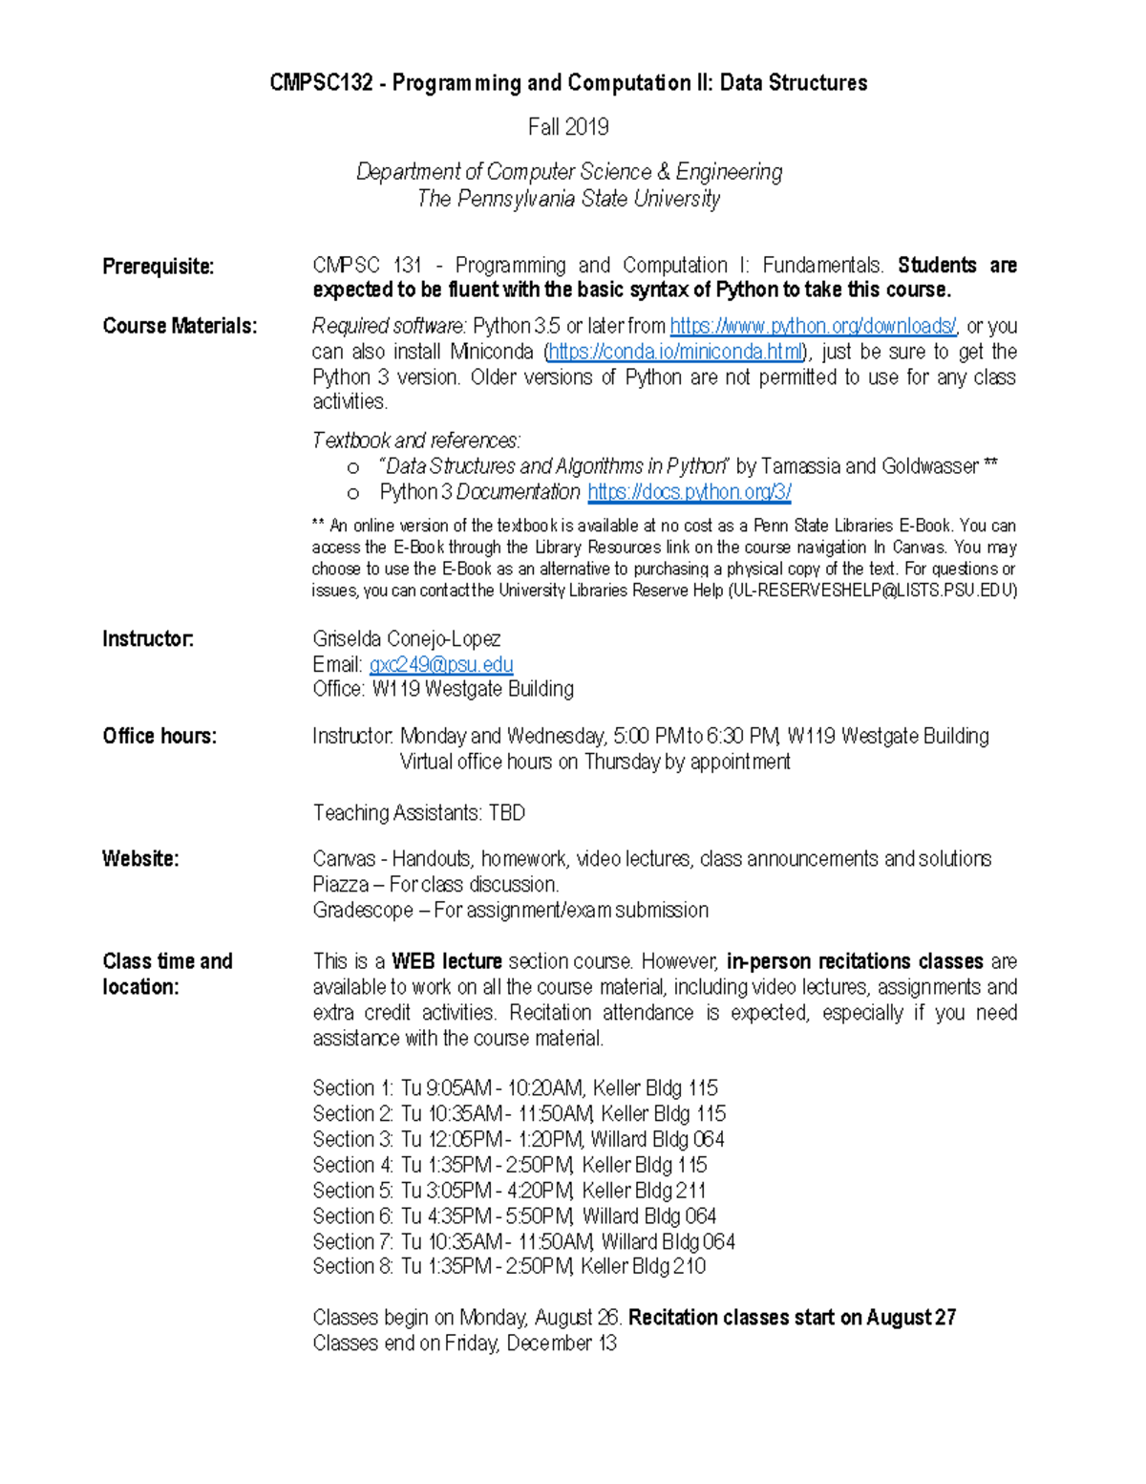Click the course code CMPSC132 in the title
[x=321, y=83]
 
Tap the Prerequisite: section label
[x=158, y=267]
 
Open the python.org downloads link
[x=813, y=326]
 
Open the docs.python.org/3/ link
[x=689, y=492]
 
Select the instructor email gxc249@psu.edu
[x=441, y=664]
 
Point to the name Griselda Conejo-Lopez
[x=406, y=638]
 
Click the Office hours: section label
[x=159, y=736]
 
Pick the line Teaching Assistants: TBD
[x=418, y=813]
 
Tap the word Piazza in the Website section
[x=340, y=885]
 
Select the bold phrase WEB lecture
[x=446, y=961]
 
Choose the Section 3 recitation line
[x=518, y=1139]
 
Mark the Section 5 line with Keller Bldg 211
[x=509, y=1191]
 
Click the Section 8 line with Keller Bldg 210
[x=509, y=1267]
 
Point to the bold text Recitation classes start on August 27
[x=792, y=1318]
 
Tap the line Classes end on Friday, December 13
[x=464, y=1344]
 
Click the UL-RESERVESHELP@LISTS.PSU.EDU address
[x=872, y=591]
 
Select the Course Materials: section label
[x=180, y=326]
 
